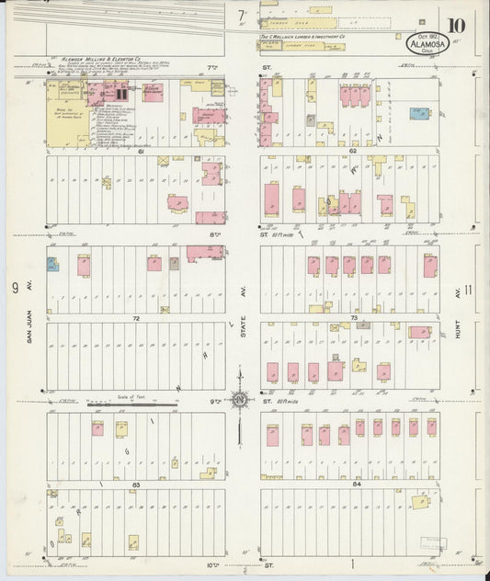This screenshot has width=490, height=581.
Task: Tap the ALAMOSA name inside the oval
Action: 427,43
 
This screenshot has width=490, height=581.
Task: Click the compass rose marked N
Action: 239,399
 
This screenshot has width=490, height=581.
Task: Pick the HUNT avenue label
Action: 457,326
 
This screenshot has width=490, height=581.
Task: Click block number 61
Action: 142,151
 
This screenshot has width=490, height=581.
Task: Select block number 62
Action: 353,151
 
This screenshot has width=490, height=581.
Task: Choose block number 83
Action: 135,484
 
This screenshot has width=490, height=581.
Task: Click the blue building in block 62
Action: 419,114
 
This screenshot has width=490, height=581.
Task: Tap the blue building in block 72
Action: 53,266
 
